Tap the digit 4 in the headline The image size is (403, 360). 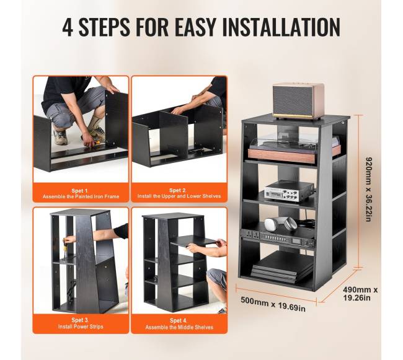(68, 27)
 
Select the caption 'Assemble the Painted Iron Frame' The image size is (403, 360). (81, 196)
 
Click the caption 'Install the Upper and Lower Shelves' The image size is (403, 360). (179, 196)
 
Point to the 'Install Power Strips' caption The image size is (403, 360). (81, 327)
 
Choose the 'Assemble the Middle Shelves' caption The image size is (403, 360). (179, 327)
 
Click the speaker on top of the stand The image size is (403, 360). (298, 102)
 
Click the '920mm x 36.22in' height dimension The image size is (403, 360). (368, 190)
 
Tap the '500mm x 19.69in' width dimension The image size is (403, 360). (273, 304)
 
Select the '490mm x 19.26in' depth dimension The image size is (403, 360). (360, 294)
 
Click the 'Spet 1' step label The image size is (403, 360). (80, 190)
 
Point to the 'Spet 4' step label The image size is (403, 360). (179, 321)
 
